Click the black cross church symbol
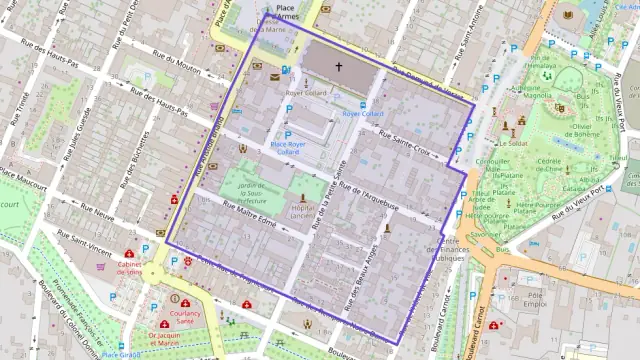338,68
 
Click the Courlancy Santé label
187,315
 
